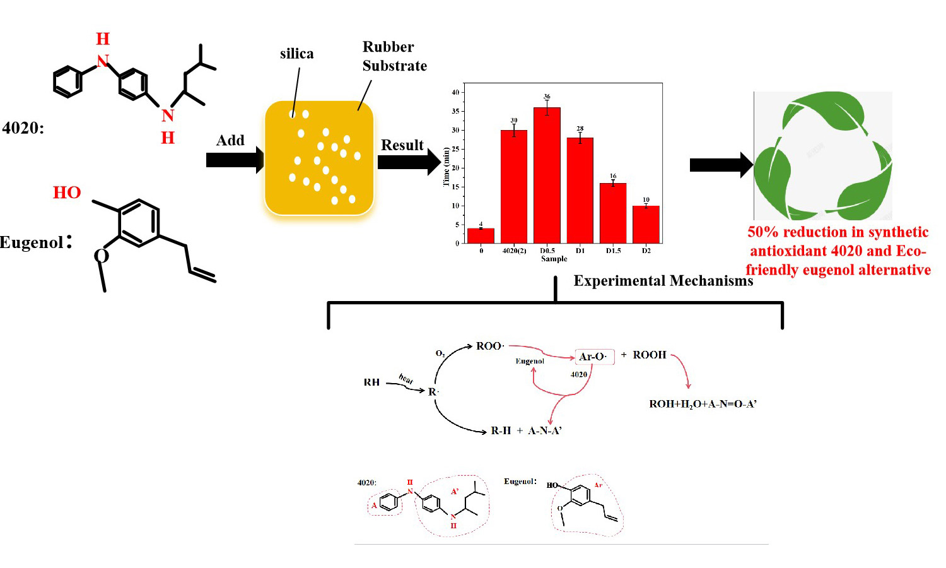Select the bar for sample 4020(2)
point(514,186)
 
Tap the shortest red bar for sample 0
point(481,235)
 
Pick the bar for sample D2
point(646,224)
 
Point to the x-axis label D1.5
point(613,251)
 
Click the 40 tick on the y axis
point(455,92)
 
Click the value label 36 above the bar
point(547,97)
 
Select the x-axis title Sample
point(554,259)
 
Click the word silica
point(296,54)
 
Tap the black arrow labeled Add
point(234,160)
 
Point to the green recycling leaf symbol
point(823,156)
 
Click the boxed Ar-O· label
point(593,357)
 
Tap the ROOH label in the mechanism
point(649,355)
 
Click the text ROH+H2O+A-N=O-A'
point(703,404)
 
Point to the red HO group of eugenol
point(67,192)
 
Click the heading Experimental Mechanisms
point(663,281)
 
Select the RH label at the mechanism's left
point(371,382)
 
